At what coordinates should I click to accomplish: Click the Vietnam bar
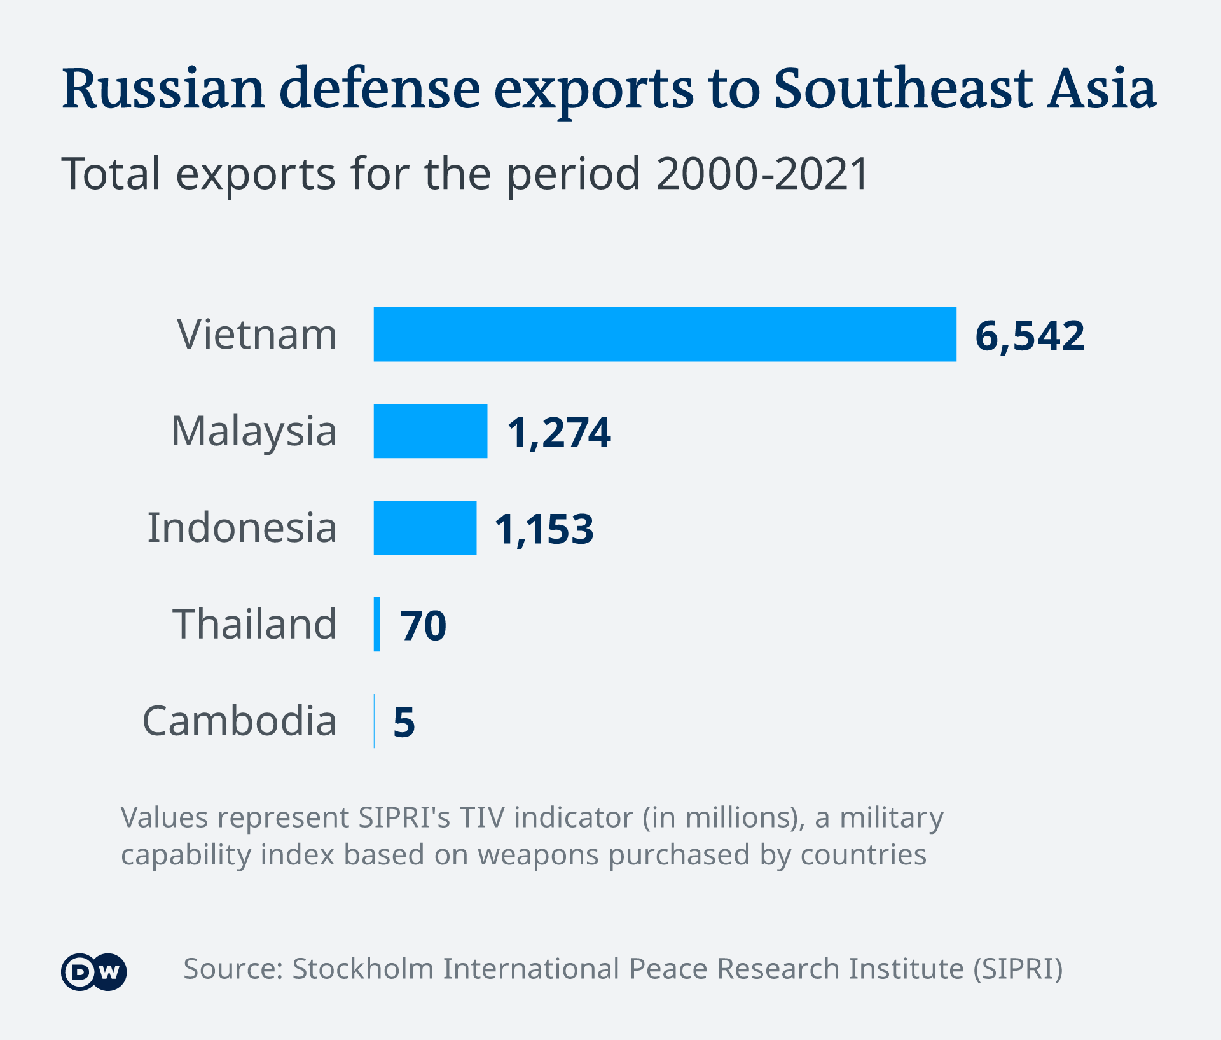(665, 335)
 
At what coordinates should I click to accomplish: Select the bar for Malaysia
(431, 431)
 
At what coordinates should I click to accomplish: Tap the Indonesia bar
(425, 528)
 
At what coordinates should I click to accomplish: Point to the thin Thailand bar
(377, 625)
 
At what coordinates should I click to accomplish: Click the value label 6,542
(1030, 336)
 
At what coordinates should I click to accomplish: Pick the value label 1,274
(559, 433)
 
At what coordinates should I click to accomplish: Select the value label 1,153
(544, 529)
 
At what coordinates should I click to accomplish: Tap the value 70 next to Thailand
(424, 626)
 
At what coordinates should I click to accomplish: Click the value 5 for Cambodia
(404, 723)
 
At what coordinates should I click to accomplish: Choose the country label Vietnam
(257, 335)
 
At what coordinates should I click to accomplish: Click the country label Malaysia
(254, 431)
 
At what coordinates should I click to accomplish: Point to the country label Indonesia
(242, 528)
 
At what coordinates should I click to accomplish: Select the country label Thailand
(254, 624)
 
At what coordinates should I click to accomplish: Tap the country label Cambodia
(239, 721)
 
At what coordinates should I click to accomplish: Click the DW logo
(94, 972)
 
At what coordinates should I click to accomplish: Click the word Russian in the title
(163, 89)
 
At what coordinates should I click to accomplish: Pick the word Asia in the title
(1102, 89)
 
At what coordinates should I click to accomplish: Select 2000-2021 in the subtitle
(762, 174)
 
